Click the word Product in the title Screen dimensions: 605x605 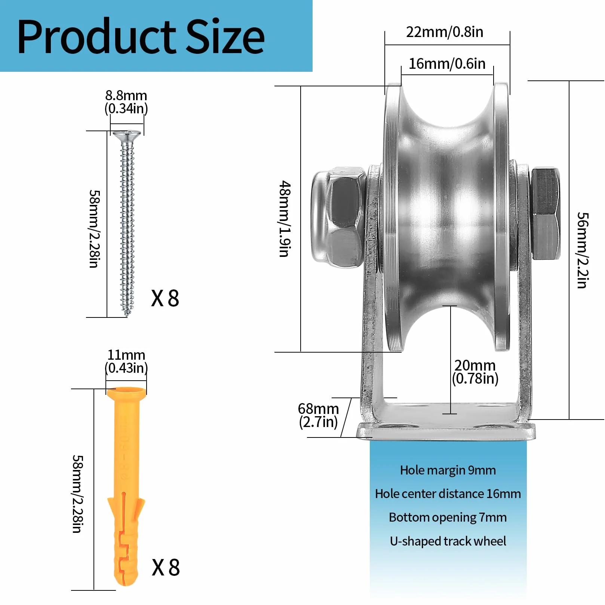pyautogui.click(x=96, y=37)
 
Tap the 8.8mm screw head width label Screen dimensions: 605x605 pyautogui.click(x=126, y=102)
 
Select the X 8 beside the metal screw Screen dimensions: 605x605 pyautogui.click(x=165, y=298)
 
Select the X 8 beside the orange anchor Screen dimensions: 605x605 pyautogui.click(x=166, y=567)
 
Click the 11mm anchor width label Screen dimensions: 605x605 pyautogui.click(x=126, y=361)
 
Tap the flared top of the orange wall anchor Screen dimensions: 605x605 pyautogui.click(x=126, y=392)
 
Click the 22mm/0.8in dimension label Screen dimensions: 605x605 pyautogui.click(x=445, y=32)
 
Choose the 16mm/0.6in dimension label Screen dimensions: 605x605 pyautogui.click(x=447, y=64)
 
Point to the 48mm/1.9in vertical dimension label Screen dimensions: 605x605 pyautogui.click(x=285, y=219)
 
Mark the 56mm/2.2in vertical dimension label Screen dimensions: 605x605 pyautogui.click(x=583, y=250)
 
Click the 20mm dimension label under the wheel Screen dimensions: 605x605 pyautogui.click(x=475, y=372)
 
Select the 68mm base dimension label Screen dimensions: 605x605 pyautogui.click(x=318, y=415)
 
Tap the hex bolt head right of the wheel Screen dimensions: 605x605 pyautogui.click(x=546, y=214)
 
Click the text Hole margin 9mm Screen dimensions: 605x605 pyautogui.click(x=448, y=470)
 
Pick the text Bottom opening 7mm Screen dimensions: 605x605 pyautogui.click(x=448, y=518)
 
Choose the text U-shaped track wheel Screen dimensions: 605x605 pyautogui.click(x=448, y=541)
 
